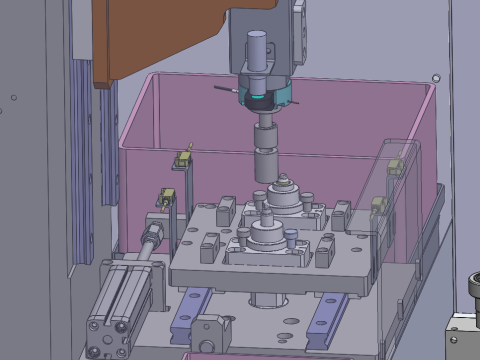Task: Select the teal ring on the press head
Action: (x=262, y=96)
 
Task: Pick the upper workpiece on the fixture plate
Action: (x=284, y=194)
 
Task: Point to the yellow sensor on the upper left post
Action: (x=183, y=157)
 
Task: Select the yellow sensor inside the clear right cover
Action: (x=395, y=166)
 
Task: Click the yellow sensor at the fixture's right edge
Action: (x=379, y=206)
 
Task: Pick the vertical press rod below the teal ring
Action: (x=267, y=150)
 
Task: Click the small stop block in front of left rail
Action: (x=208, y=329)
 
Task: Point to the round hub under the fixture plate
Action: (x=268, y=301)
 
